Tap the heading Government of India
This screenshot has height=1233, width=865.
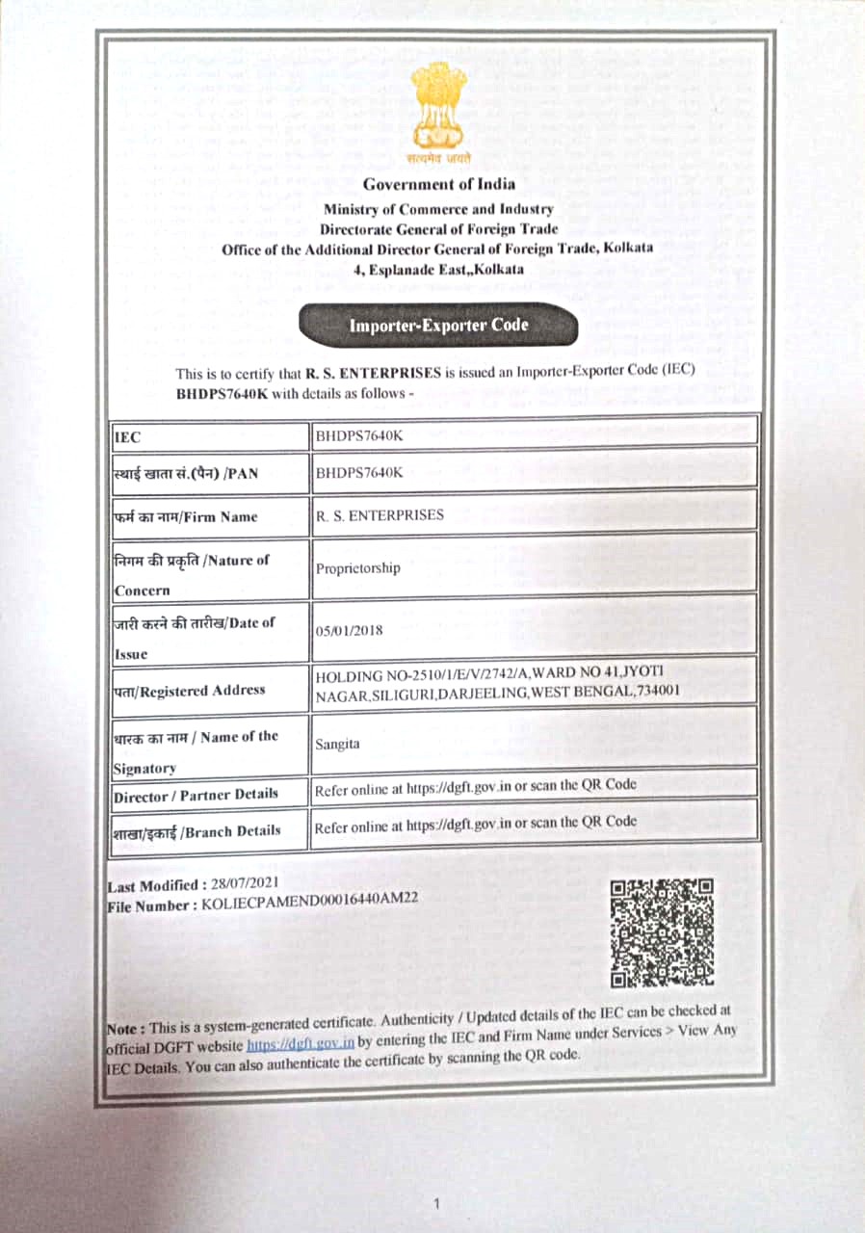(439, 184)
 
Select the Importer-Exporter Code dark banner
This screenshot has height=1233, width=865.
(438, 326)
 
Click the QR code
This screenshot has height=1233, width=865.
(663, 932)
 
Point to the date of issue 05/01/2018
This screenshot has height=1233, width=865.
(350, 631)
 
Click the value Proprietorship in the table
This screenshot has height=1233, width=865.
(357, 568)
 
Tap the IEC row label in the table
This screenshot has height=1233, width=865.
(127, 437)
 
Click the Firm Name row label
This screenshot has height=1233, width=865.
(186, 516)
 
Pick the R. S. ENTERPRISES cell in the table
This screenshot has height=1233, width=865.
(380, 515)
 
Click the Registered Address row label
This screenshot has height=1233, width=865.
(189, 690)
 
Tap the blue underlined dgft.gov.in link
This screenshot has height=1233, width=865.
(301, 1043)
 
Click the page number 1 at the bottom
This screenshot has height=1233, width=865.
(436, 1202)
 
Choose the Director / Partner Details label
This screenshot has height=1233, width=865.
(196, 796)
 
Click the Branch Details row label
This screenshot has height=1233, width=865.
(197, 830)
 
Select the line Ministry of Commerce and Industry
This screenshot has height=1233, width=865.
(438, 209)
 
